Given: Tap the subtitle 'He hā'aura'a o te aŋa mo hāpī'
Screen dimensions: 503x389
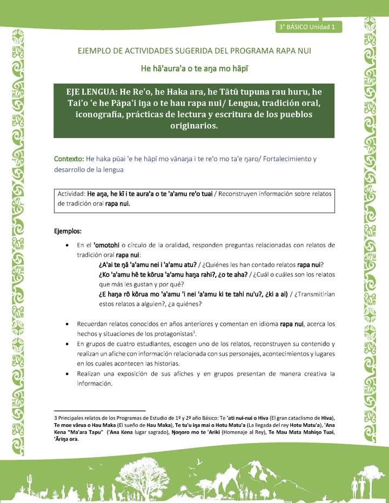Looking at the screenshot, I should coord(194,69).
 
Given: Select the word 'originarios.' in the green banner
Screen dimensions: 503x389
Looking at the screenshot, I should coord(194,126).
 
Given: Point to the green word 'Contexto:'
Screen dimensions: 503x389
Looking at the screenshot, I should coord(69,159).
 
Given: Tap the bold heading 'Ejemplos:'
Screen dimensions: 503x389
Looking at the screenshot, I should coord(68,232).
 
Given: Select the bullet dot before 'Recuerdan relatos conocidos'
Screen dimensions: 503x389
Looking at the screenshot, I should coord(66,324).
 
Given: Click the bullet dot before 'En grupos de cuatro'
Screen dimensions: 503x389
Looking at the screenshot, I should coord(66,344).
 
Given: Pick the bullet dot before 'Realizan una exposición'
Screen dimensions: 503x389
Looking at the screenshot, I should coord(66,373).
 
